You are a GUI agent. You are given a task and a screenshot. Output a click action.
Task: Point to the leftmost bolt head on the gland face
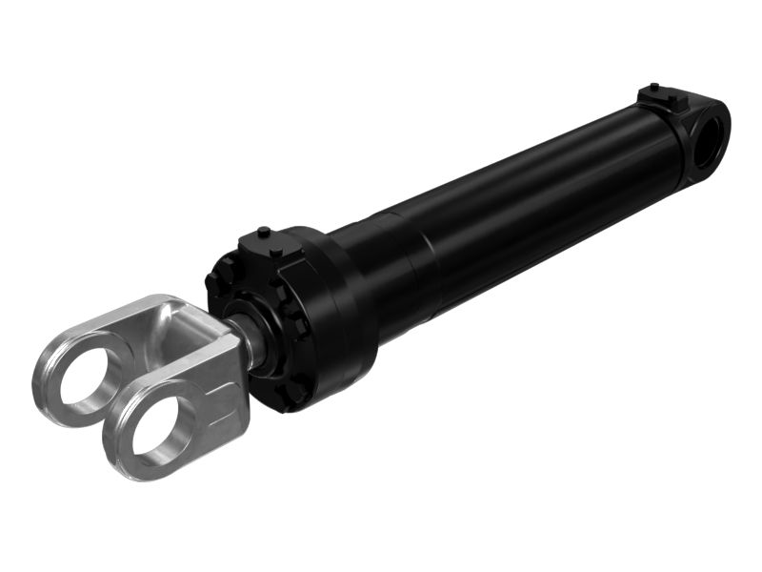(x=211, y=282)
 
